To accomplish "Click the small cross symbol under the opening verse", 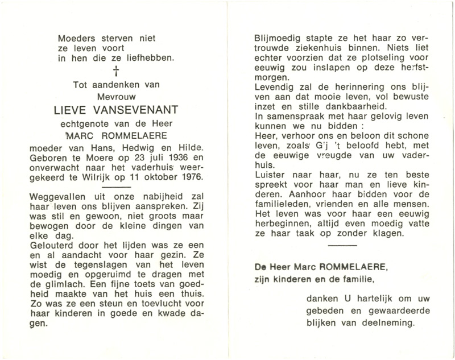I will (x=118, y=71).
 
